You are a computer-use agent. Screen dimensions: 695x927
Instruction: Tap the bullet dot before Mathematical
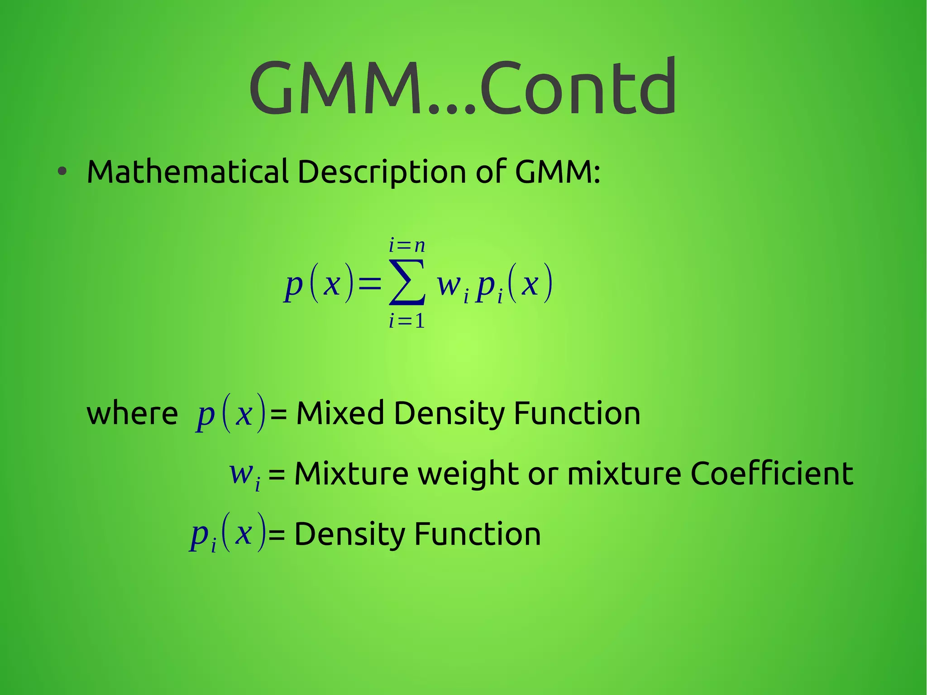click(x=62, y=172)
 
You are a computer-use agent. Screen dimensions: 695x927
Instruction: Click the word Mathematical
click(x=187, y=172)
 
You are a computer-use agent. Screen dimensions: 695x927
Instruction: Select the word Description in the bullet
click(x=382, y=173)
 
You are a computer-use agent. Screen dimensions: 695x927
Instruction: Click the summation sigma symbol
click(x=407, y=282)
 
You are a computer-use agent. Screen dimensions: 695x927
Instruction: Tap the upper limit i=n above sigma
click(x=407, y=246)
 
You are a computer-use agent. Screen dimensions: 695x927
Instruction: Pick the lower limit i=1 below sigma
click(x=407, y=321)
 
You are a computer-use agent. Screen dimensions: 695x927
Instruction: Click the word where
click(x=132, y=414)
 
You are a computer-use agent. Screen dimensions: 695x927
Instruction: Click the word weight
click(x=468, y=474)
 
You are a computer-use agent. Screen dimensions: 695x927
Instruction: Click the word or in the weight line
click(x=543, y=474)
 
